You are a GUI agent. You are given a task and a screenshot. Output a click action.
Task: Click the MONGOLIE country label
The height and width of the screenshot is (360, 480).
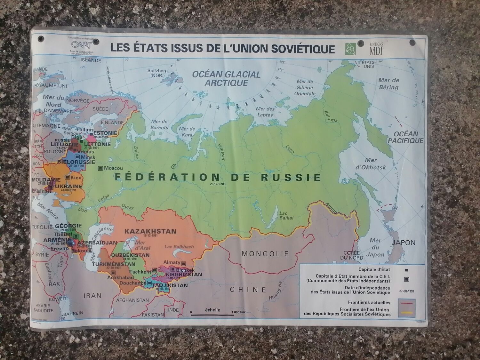click(265, 254)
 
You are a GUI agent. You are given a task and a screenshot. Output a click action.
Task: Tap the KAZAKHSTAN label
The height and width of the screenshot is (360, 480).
click(150, 231)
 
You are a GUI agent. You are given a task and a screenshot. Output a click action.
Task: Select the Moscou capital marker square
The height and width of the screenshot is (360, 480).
click(100, 168)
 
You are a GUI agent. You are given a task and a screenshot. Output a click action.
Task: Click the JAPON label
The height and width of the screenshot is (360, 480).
click(404, 243)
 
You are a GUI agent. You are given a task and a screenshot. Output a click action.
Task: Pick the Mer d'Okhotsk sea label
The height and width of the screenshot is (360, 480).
click(371, 164)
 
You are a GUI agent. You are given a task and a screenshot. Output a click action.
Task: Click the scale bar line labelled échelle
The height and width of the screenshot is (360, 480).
click(212, 315)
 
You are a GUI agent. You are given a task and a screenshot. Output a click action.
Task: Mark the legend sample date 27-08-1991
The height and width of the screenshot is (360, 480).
click(406, 291)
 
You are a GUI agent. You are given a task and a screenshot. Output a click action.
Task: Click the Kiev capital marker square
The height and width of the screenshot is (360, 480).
click(67, 177)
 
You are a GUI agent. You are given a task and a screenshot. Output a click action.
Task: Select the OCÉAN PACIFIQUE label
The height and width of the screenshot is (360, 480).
click(405, 137)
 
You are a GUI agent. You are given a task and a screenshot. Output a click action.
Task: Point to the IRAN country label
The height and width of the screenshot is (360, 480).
click(92, 296)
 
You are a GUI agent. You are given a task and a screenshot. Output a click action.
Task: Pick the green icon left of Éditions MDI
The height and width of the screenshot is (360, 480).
click(350, 49)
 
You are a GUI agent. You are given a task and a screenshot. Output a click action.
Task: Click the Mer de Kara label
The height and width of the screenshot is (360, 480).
click(187, 132)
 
